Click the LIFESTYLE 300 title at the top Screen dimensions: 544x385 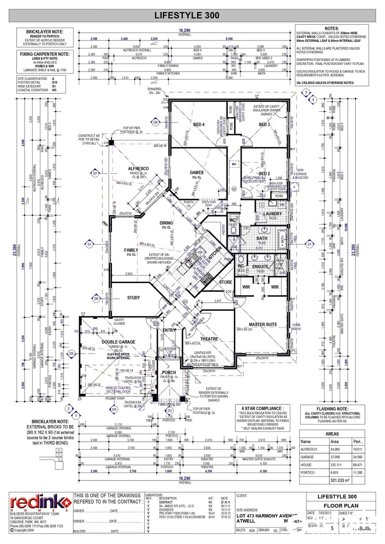(x=194, y=16)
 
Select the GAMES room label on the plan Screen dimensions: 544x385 (x=196, y=172)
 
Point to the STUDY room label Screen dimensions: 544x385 (x=134, y=298)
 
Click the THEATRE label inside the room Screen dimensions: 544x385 (x=209, y=338)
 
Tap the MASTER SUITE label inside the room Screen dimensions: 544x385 (x=263, y=324)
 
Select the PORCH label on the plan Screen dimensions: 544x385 (x=169, y=373)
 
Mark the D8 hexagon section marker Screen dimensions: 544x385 (x=155, y=122)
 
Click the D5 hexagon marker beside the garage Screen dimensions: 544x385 (x=72, y=354)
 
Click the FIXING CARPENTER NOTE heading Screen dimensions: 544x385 (x=43, y=53)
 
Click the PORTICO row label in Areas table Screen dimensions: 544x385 (x=308, y=472)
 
